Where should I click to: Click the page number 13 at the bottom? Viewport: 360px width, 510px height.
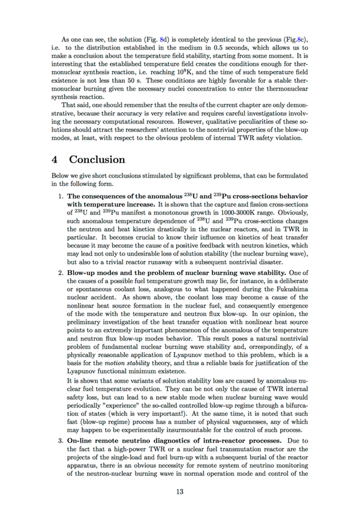coord(180,492)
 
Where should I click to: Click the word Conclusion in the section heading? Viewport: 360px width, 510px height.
coord(97,160)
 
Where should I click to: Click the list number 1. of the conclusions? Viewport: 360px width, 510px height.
coord(60,197)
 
